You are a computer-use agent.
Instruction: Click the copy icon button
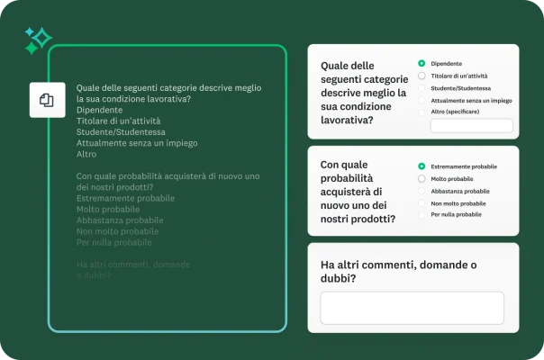coord(47,100)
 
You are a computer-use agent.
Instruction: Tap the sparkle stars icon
coord(38,40)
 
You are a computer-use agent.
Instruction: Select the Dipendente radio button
coord(422,64)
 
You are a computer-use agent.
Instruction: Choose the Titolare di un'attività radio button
coord(422,76)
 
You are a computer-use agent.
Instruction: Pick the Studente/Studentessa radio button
coord(422,88)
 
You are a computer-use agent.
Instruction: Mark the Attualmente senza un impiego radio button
coord(422,101)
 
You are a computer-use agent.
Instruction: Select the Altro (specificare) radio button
coord(422,112)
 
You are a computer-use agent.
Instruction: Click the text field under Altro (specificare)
coord(471,127)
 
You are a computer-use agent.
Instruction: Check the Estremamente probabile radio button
coord(422,166)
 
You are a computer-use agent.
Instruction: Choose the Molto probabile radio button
coord(422,179)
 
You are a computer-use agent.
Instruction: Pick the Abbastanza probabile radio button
coord(422,191)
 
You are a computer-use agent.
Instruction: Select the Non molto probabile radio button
coord(422,203)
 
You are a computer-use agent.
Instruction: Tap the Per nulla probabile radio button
coord(422,215)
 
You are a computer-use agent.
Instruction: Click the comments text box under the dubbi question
coord(412,308)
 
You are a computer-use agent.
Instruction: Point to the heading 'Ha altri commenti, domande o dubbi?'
coord(399,271)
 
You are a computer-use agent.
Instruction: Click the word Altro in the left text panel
coord(86,154)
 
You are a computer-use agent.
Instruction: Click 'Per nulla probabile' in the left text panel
coord(113,242)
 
